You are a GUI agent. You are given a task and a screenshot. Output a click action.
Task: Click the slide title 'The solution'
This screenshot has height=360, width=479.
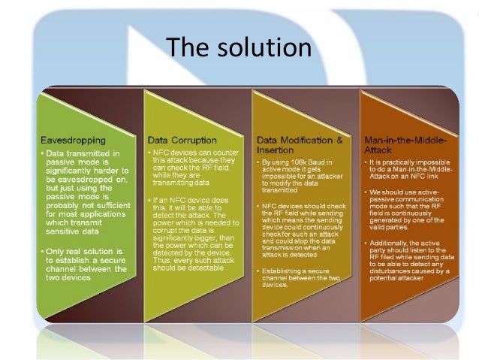coord(239,47)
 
